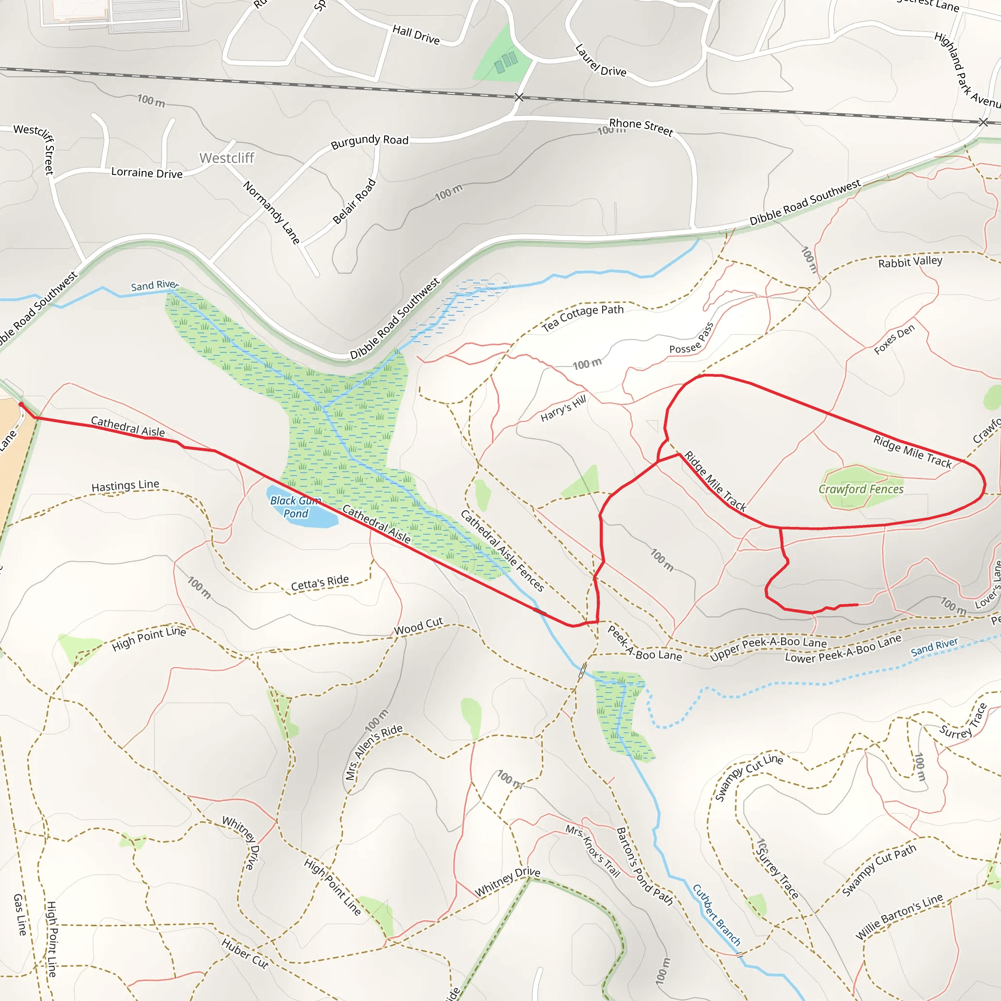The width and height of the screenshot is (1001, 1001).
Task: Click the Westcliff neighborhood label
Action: click(x=226, y=158)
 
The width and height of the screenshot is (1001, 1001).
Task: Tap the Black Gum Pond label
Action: click(x=295, y=507)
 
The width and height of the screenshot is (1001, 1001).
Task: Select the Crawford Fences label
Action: click(x=861, y=489)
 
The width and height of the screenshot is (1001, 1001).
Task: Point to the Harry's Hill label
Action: click(x=563, y=408)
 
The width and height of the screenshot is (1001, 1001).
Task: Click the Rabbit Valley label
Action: click(x=910, y=261)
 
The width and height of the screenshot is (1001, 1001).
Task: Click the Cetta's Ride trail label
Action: click(x=320, y=583)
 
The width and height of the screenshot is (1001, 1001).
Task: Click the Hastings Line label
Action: click(x=126, y=485)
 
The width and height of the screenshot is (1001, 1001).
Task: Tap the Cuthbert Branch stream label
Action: click(x=717, y=915)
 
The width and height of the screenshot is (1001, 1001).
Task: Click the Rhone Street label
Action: click(x=641, y=127)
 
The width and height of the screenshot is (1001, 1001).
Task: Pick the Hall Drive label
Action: click(x=416, y=35)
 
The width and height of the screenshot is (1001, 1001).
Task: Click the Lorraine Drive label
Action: click(x=147, y=173)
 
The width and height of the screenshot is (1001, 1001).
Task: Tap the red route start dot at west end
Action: click(x=21, y=404)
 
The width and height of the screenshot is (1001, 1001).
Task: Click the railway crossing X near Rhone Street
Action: click(x=519, y=97)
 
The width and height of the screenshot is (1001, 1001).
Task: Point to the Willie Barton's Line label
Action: click(x=899, y=916)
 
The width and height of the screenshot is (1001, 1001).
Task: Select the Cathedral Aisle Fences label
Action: click(x=502, y=551)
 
